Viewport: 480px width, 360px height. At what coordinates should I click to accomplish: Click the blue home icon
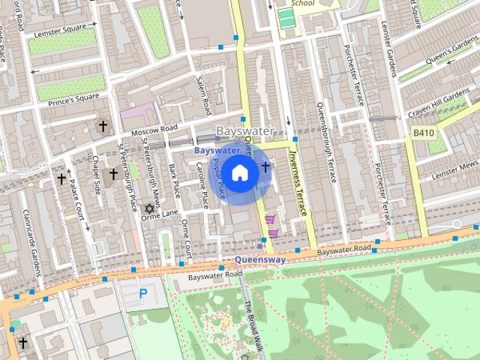click(239, 172)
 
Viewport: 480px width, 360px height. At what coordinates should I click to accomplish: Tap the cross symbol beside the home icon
click(265, 166)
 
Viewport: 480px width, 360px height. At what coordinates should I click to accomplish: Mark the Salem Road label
click(202, 94)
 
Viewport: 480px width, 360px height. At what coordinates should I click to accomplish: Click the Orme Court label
click(186, 239)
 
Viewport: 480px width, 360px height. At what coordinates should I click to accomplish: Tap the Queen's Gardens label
click(450, 52)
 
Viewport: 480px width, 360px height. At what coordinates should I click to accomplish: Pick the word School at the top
click(301, 3)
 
